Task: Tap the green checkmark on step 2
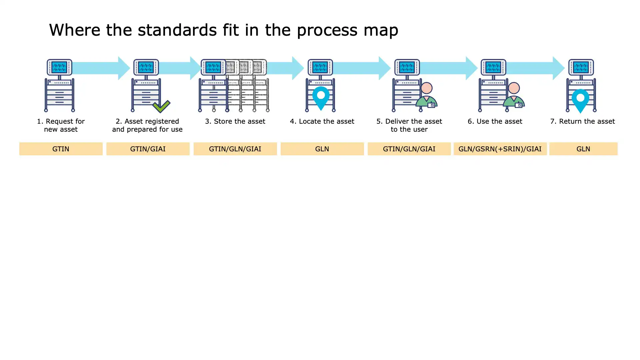[x=161, y=106]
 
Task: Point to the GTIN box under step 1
[x=61, y=149]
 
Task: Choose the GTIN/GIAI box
[x=148, y=149]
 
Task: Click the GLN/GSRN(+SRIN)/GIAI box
[x=500, y=149]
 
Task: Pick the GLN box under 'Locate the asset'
[x=322, y=149]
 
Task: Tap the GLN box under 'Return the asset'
[x=583, y=149]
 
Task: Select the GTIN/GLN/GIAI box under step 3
[x=235, y=149]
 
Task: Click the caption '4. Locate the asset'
[x=322, y=121]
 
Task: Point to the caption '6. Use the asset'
[x=495, y=121]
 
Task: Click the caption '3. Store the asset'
[x=235, y=121]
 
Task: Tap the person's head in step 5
[x=427, y=88]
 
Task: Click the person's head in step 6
[x=514, y=88]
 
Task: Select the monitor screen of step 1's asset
[x=59, y=67]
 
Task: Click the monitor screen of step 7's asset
[x=581, y=67]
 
